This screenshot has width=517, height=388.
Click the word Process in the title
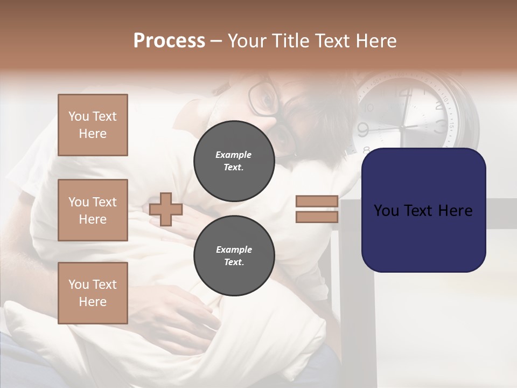click(x=169, y=41)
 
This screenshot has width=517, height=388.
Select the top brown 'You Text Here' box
click(x=93, y=125)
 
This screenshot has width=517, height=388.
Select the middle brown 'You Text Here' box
click(x=93, y=210)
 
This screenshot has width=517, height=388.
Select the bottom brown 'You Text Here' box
click(x=93, y=293)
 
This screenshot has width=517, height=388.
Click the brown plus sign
click(x=166, y=209)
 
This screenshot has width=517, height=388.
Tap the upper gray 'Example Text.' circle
click(x=234, y=161)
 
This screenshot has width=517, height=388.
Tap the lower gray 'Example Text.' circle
click(x=234, y=255)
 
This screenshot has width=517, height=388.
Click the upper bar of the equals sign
click(x=317, y=202)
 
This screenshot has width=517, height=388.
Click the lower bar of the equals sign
click(x=317, y=217)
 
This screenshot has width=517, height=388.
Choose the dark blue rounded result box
click(x=423, y=210)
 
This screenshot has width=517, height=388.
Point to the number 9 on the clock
click(x=362, y=129)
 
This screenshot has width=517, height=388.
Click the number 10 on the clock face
click(x=369, y=107)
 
